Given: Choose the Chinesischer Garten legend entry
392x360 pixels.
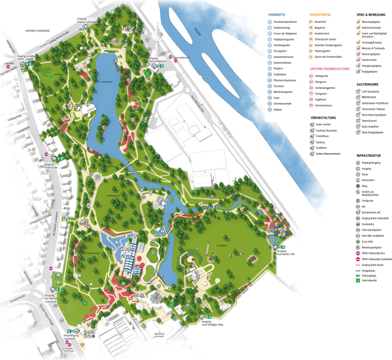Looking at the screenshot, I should click(327, 39).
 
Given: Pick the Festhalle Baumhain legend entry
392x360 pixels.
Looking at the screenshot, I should click(327, 130).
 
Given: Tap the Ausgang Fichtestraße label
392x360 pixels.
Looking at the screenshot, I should click(51, 165).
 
